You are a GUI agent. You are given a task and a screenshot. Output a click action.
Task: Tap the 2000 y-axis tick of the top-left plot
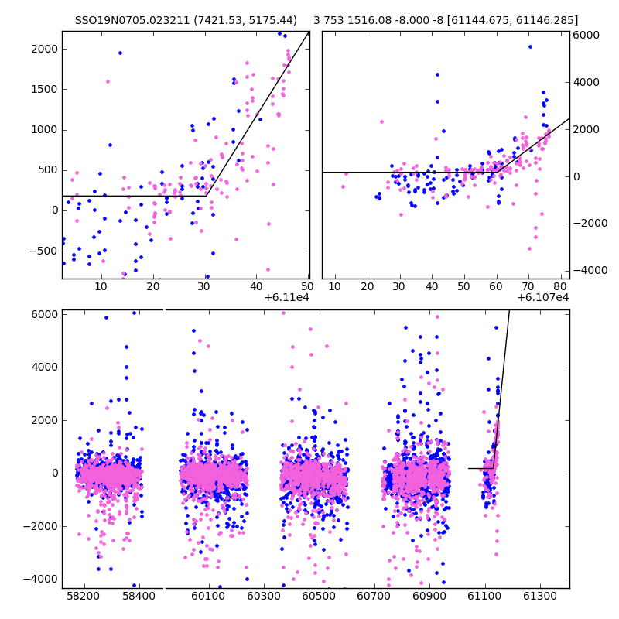pyautogui.click(x=44, y=49)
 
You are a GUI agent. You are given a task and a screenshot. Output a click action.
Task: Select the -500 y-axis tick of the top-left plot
pyautogui.click(x=43, y=250)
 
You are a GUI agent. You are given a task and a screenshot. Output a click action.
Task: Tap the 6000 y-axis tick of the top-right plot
pyautogui.click(x=587, y=35)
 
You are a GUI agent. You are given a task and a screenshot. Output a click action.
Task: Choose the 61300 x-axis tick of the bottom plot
pyautogui.click(x=539, y=597)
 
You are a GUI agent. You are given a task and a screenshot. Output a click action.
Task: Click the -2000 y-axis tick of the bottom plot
pyautogui.click(x=40, y=526)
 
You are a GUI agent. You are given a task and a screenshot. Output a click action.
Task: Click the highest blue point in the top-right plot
pyautogui.click(x=530, y=46)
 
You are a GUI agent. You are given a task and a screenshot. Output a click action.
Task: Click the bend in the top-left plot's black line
pyautogui.click(x=207, y=196)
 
